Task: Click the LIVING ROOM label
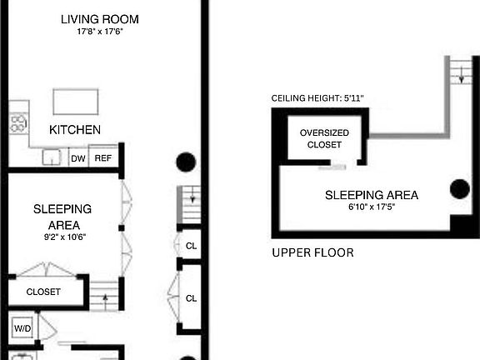(100, 19)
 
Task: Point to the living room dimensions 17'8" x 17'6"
(100, 31)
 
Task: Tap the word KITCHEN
(75, 130)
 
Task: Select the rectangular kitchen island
(76, 102)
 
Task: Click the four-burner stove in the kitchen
(18, 123)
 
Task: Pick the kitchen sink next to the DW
(52, 157)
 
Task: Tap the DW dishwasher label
(78, 158)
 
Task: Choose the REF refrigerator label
(103, 158)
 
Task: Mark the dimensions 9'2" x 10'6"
(65, 237)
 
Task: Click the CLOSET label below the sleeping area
(43, 292)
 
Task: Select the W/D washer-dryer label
(22, 328)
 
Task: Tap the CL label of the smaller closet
(192, 246)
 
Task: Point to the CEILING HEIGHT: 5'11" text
(317, 98)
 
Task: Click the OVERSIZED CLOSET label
(324, 138)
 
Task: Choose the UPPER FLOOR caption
(312, 252)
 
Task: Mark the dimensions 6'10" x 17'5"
(372, 207)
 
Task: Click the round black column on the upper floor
(460, 189)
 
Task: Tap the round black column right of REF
(186, 162)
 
